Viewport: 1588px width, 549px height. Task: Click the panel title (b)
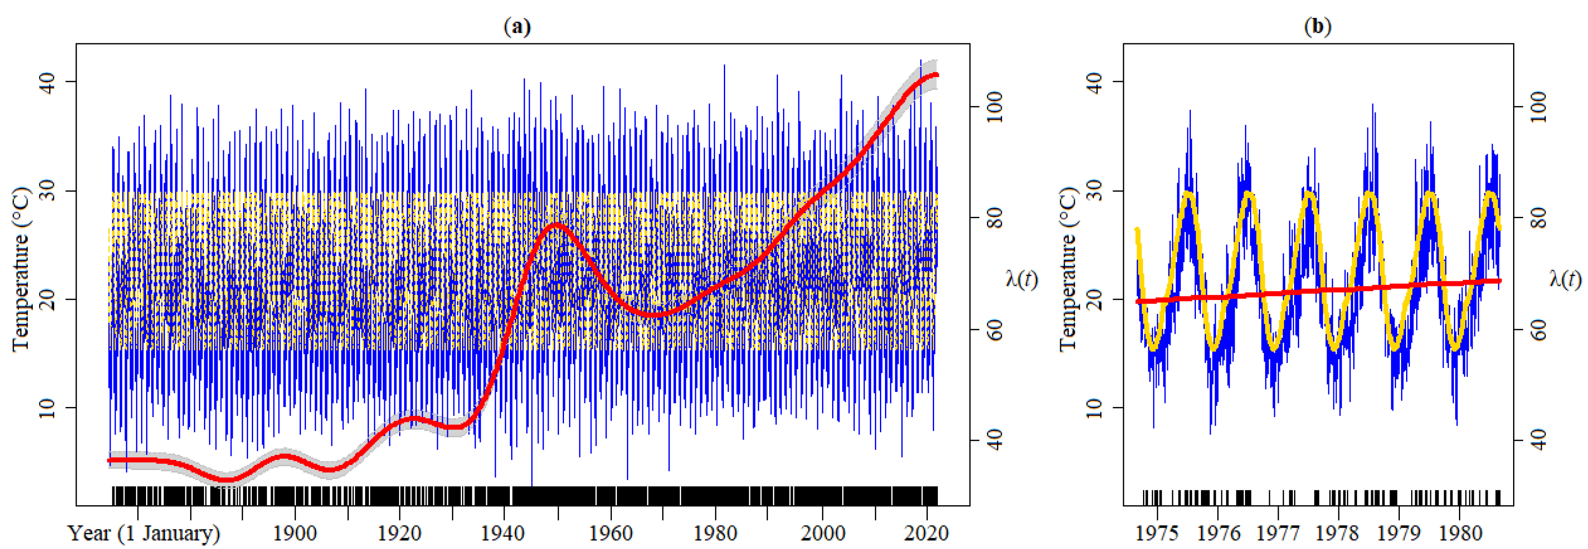pos(1317,27)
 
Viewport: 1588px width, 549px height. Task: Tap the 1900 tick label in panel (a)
pos(295,533)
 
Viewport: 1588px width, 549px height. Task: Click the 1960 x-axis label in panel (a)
pos(610,533)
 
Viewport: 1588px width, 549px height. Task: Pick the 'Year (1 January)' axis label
pos(144,533)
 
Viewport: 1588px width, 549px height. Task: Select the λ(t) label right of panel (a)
pos(1021,279)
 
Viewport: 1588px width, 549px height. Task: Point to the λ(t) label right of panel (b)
pos(1565,279)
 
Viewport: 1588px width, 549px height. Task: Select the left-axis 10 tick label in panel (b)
pos(1094,408)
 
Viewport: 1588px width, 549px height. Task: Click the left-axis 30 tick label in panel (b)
pos(1094,190)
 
